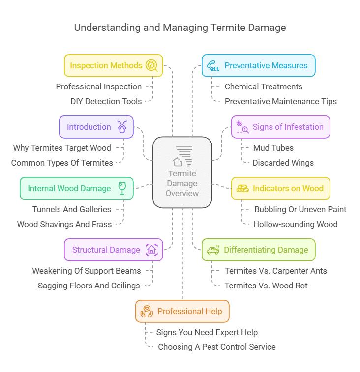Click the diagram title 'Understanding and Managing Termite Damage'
pyautogui.click(x=180, y=27)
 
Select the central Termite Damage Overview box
pyautogui.click(x=182, y=172)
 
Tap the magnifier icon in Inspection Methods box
pyautogui.click(x=151, y=66)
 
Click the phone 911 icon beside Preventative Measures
pyautogui.click(x=213, y=66)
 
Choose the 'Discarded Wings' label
pyautogui.click(x=283, y=163)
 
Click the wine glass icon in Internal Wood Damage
pyautogui.click(x=122, y=188)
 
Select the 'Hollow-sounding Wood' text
pyautogui.click(x=295, y=224)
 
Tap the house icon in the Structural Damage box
pyautogui.click(x=151, y=250)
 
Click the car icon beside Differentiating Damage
pyautogui.click(x=213, y=250)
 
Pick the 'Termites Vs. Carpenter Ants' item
pyautogui.click(x=275, y=271)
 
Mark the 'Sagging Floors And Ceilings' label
pyautogui.click(x=89, y=286)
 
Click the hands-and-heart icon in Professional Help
pyautogui.click(x=147, y=311)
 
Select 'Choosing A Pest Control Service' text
pyautogui.click(x=216, y=347)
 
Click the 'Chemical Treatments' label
pyautogui.click(x=263, y=86)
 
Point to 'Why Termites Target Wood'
pyautogui.click(x=62, y=148)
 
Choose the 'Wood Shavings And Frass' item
pyautogui.click(x=64, y=224)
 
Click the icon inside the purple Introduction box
pyautogui.click(x=122, y=127)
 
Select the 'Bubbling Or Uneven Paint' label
pyautogui.click(x=300, y=209)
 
